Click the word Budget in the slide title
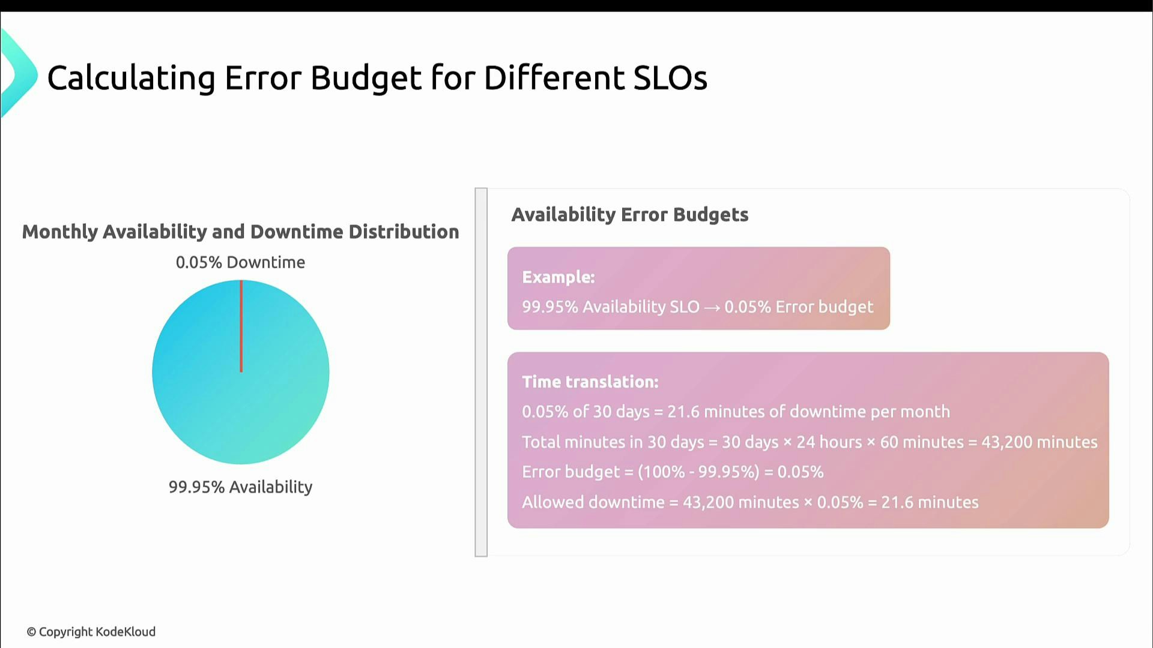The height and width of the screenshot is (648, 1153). click(x=366, y=78)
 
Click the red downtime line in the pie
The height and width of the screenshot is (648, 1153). click(x=241, y=326)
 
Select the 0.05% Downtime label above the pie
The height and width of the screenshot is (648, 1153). click(x=240, y=262)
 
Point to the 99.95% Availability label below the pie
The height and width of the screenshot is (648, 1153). click(x=240, y=487)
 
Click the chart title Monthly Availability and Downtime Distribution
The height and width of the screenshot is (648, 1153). click(x=240, y=232)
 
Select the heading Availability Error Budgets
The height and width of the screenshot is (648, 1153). click(x=629, y=214)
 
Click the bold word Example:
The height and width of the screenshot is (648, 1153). click(x=558, y=277)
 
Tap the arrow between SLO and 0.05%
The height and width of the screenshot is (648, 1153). click(x=712, y=307)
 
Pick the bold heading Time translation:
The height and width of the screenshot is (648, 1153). click(x=590, y=382)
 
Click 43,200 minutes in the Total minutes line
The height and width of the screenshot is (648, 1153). click(x=1039, y=442)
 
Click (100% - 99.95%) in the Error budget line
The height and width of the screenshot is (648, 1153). click(x=698, y=472)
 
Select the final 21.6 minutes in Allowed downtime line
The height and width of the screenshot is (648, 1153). click(x=930, y=502)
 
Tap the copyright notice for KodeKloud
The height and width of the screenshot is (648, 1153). click(x=91, y=632)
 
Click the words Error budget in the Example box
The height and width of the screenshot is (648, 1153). click(x=824, y=307)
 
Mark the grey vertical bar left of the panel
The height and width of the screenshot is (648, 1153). click(x=481, y=372)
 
